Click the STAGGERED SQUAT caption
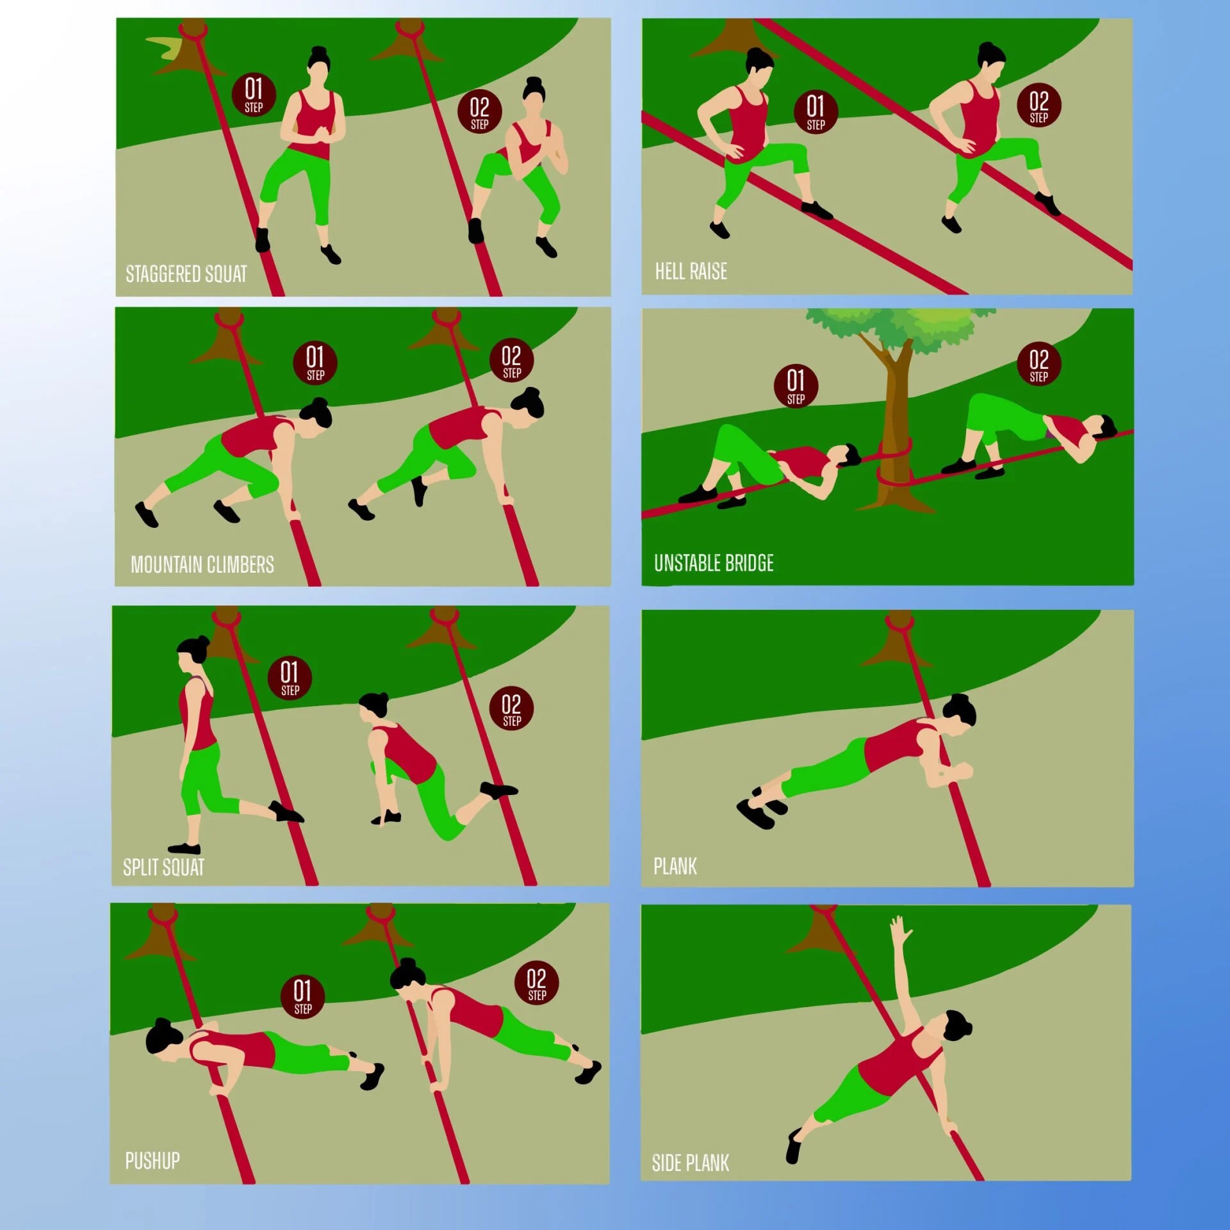pos(186,274)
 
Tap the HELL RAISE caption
pos(691,272)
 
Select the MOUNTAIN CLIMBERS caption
pos(202,564)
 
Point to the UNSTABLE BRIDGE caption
pos(714,563)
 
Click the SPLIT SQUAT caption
pos(163,867)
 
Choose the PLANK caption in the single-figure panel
pos(675,866)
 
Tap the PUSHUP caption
pos(152,1161)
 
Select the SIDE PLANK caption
pos(690,1163)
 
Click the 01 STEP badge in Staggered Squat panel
pos(254,95)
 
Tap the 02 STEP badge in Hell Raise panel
pos(1039,105)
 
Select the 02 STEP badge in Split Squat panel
pos(511,709)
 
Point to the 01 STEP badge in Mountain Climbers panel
pos(315,363)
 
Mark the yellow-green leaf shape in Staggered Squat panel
pos(163,47)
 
